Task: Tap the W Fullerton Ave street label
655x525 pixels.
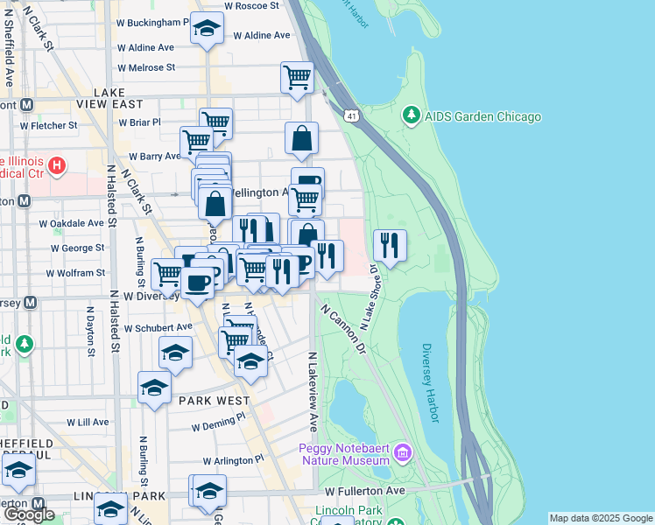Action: [365, 491]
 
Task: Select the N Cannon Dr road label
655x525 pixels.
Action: [343, 328]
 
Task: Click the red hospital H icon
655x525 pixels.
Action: [57, 164]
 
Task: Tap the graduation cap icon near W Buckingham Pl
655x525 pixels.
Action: [208, 29]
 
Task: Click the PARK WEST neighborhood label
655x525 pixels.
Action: [209, 400]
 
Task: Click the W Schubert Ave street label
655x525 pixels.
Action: [158, 327]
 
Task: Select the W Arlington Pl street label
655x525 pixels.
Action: [233, 459]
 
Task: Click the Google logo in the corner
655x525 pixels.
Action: [29, 514]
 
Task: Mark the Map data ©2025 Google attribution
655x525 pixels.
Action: [600, 518]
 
